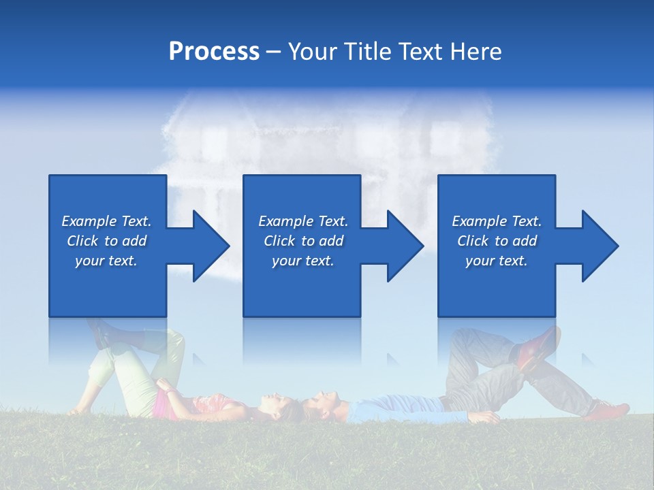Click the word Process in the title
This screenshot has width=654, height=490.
click(214, 52)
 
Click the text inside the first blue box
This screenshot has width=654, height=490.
click(106, 241)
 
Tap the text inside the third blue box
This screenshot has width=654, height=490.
click(497, 241)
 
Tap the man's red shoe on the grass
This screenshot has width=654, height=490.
click(608, 410)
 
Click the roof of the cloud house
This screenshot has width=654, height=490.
click(327, 109)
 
